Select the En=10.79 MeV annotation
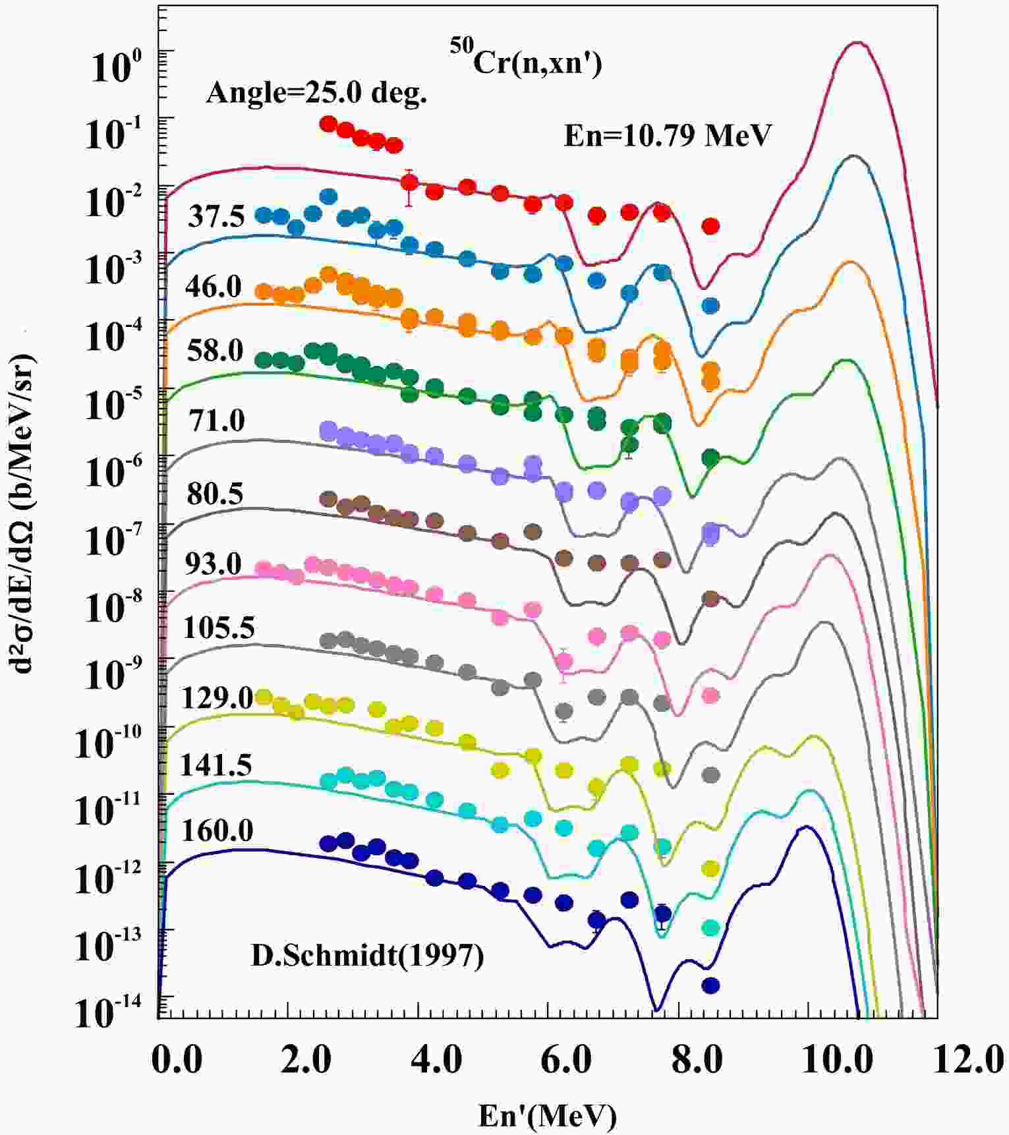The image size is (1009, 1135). [667, 136]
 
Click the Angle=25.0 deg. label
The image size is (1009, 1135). [316, 94]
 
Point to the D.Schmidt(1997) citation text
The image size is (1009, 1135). [368, 955]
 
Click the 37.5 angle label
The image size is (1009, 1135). [216, 217]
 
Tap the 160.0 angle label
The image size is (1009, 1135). [217, 832]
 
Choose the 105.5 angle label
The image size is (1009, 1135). [218, 628]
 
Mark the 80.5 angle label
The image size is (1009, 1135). [215, 493]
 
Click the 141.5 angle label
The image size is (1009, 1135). [216, 765]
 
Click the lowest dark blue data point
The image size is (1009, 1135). [710, 985]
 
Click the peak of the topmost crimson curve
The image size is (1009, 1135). [857, 43]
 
